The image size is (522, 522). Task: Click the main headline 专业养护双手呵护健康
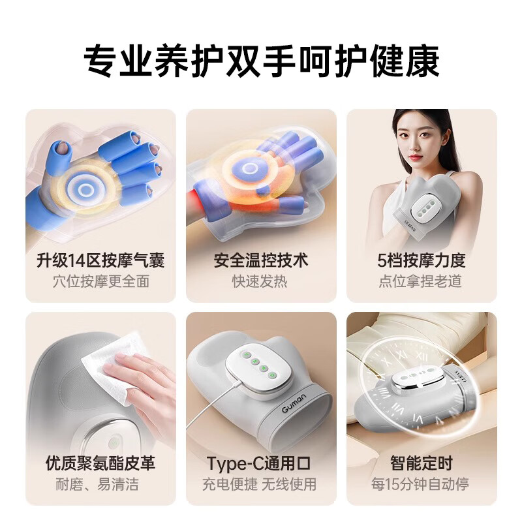click(261, 61)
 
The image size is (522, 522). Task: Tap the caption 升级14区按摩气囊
click(100, 261)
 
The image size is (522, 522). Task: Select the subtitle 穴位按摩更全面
click(100, 282)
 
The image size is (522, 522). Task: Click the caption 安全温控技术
click(261, 261)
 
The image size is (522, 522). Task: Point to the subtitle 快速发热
click(261, 282)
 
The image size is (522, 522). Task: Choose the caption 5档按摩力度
click(422, 261)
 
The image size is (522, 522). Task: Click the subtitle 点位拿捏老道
click(422, 282)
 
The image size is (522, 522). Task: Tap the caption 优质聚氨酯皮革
click(100, 464)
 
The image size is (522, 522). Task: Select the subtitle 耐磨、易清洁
click(100, 485)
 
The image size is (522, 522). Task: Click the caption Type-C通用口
click(261, 464)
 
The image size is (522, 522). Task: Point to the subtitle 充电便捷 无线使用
click(261, 485)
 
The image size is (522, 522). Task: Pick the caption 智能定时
click(422, 464)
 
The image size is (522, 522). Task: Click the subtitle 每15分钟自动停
click(422, 485)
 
